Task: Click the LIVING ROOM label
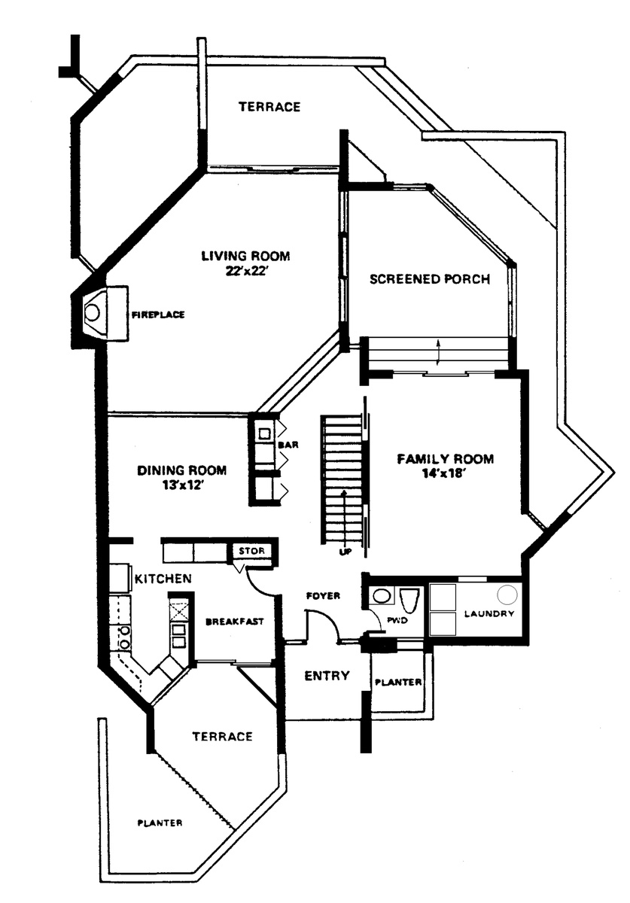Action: click(x=245, y=256)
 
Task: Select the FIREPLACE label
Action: click(x=158, y=315)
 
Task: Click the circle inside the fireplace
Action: click(x=93, y=312)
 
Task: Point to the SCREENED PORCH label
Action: click(x=430, y=279)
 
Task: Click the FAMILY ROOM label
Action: click(x=446, y=459)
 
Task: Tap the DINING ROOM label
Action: click(x=182, y=470)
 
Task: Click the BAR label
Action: click(x=288, y=445)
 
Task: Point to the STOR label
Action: click(x=251, y=551)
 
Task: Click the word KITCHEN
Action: click(x=163, y=579)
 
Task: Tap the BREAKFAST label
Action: click(x=235, y=622)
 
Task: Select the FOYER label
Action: click(x=323, y=595)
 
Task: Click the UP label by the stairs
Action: click(x=345, y=553)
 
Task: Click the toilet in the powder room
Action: click(x=409, y=600)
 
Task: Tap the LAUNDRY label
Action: click(x=489, y=613)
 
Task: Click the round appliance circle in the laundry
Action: click(x=507, y=595)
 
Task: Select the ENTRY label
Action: click(x=327, y=676)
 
